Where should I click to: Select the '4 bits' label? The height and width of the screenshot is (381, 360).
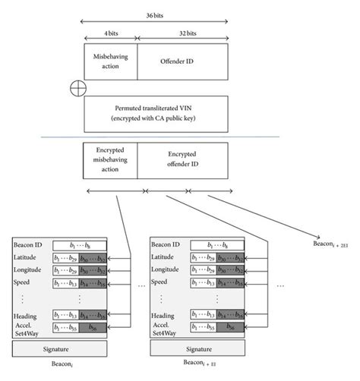[110, 34]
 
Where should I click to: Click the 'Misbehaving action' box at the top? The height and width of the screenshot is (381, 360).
[110, 61]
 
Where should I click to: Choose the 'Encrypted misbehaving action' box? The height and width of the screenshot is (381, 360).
[110, 158]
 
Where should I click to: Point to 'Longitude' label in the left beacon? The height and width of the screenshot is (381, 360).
[31, 271]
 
